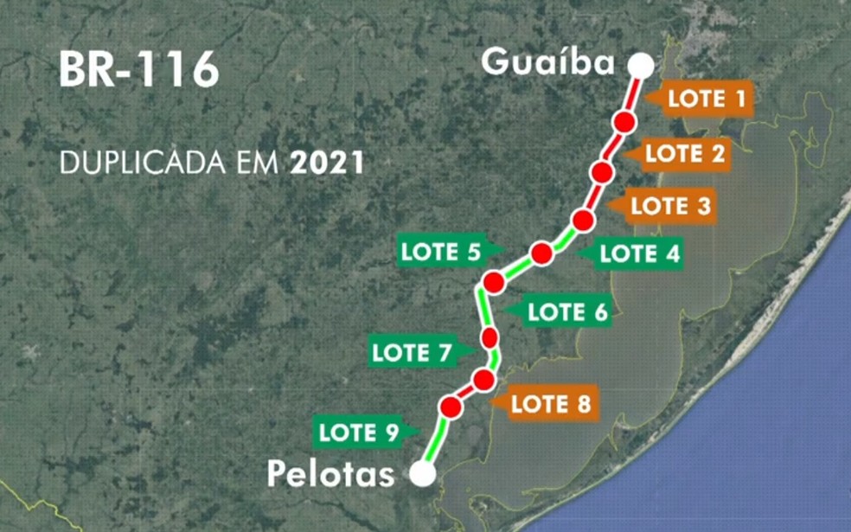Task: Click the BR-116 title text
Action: click(x=138, y=71)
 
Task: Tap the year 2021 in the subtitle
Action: click(x=328, y=163)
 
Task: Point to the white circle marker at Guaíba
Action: click(x=641, y=66)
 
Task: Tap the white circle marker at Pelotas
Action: click(x=423, y=473)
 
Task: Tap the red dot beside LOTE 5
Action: click(x=542, y=253)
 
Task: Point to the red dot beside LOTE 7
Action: click(x=491, y=337)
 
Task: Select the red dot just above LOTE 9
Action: click(x=450, y=407)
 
